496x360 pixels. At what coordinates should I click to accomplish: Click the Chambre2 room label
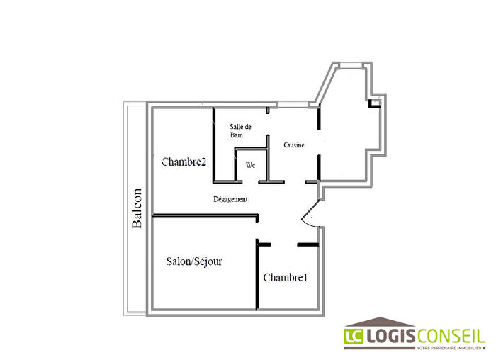(184, 162)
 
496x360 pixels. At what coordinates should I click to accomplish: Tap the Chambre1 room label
(285, 278)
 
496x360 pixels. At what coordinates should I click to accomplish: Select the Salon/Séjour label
(194, 261)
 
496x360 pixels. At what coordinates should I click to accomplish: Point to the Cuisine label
(294, 145)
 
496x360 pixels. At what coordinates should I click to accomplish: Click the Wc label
(250, 165)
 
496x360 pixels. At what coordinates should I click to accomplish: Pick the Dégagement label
(230, 200)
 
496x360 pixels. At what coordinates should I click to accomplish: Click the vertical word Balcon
(137, 208)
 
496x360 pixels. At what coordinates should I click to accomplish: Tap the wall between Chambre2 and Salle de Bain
(213, 142)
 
